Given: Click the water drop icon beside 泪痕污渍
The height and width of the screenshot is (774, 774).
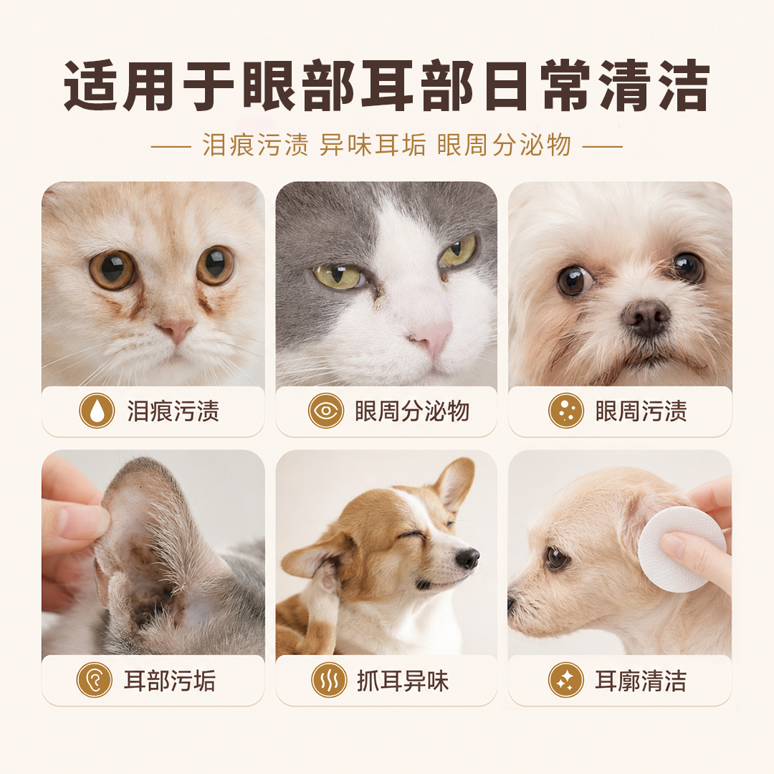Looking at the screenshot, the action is [97, 411].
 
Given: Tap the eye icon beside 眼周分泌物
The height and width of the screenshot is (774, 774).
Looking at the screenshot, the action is [326, 411].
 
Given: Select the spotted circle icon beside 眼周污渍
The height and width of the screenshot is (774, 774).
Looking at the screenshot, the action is [565, 411].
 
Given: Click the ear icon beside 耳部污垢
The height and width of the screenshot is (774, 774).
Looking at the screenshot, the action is [95, 679].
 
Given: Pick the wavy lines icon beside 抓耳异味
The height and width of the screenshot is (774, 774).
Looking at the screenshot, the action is [329, 679].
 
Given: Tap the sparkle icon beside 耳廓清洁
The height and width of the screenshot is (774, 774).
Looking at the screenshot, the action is [565, 679].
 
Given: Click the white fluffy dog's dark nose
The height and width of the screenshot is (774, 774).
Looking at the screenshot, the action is [646, 317].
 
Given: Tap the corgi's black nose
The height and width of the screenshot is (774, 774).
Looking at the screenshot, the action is [467, 558].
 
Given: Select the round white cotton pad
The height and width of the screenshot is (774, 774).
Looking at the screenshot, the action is [682, 549].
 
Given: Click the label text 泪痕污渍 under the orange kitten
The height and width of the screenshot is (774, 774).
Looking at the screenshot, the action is [173, 411].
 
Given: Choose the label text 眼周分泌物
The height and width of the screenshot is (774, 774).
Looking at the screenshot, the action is [411, 411].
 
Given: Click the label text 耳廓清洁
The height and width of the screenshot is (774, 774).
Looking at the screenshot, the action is [640, 680].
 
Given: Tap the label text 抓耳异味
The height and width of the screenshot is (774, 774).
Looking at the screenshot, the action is [403, 680].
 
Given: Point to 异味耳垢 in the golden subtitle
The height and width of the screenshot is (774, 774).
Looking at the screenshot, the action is [373, 145].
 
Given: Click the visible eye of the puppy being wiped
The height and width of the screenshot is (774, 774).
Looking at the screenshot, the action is [557, 558].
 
